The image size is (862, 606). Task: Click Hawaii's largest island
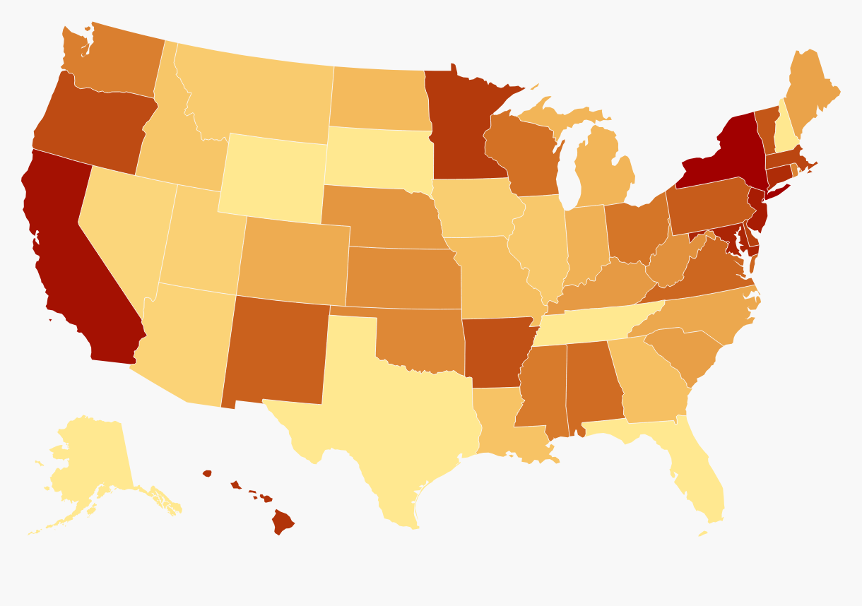click(x=284, y=523)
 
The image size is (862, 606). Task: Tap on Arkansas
click(x=495, y=350)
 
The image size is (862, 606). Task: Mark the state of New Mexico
click(x=276, y=350)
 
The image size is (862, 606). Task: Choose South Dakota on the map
click(x=378, y=159)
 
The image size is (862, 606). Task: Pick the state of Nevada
click(x=124, y=226)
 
